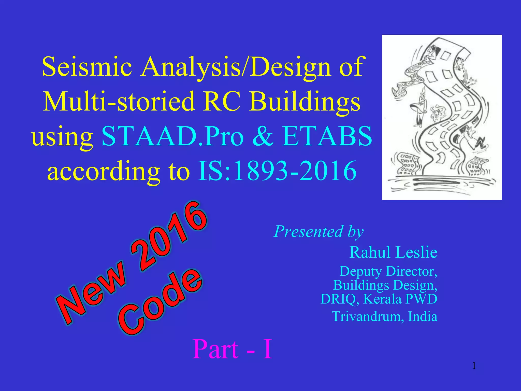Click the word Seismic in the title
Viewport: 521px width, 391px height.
87,67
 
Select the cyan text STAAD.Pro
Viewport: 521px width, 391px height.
172,136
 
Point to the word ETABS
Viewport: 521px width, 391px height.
327,136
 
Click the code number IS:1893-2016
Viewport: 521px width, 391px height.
277,171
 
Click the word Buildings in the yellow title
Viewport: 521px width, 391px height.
305,101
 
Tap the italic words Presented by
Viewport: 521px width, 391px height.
319,232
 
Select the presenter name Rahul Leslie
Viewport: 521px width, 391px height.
393,252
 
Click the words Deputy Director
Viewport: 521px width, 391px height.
388,271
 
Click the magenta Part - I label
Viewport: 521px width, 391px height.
232,349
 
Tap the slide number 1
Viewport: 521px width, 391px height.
474,366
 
